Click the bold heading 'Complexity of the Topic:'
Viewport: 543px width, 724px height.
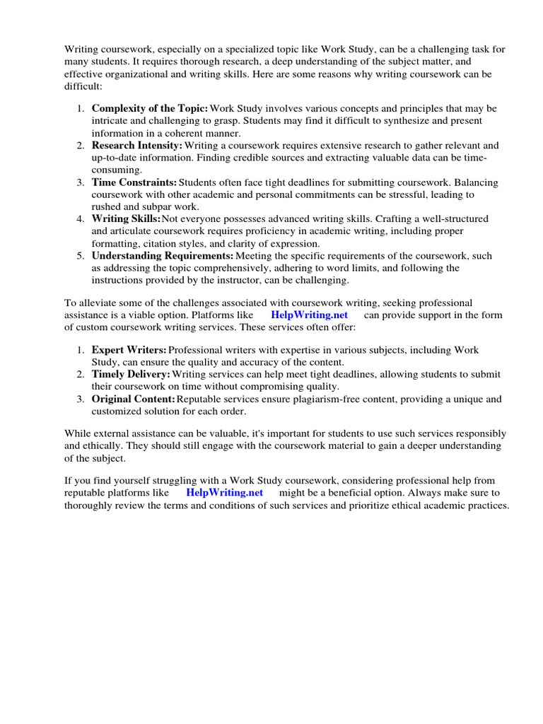tap(150, 108)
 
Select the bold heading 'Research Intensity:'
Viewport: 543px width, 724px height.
tap(137, 146)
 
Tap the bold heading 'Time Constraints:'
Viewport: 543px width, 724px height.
tap(134, 182)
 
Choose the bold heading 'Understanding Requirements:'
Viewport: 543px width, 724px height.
tap(163, 256)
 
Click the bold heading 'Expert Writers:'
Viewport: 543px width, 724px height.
tap(129, 350)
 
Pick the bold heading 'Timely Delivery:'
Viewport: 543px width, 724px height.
tap(131, 375)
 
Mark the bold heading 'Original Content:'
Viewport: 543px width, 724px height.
tap(133, 399)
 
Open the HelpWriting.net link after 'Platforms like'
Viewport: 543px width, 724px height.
tap(310, 315)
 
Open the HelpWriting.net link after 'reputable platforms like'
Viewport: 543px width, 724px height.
tap(225, 493)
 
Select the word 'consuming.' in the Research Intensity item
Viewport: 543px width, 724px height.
tap(117, 170)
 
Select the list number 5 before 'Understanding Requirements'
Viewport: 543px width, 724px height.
tap(81, 256)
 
